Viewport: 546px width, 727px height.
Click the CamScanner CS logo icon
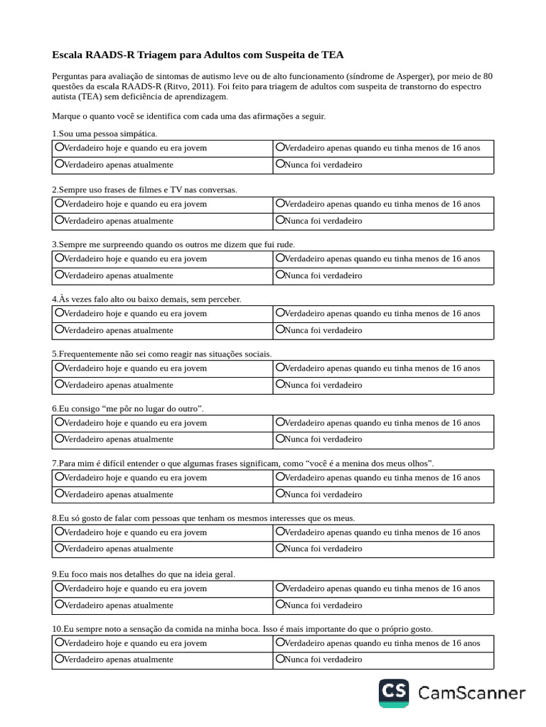394,693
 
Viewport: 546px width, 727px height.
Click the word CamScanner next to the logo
471,693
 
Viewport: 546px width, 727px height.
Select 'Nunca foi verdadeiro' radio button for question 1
280,164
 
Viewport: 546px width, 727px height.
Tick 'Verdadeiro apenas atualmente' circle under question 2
59,220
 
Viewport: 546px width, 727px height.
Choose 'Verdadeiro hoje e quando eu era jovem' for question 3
59,258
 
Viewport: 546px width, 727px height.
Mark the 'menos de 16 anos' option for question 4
280,312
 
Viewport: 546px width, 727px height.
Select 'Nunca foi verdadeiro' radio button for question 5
280,384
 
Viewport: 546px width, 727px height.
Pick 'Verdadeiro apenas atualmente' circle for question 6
59,439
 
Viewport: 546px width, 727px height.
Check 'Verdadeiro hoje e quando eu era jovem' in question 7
59,477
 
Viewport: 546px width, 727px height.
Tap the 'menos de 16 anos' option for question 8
280,531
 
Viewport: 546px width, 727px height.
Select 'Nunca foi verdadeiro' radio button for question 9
280,605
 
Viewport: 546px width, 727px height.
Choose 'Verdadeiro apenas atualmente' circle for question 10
59,658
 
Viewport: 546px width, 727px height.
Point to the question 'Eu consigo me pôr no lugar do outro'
128,409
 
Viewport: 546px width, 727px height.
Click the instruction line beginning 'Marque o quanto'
188,116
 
